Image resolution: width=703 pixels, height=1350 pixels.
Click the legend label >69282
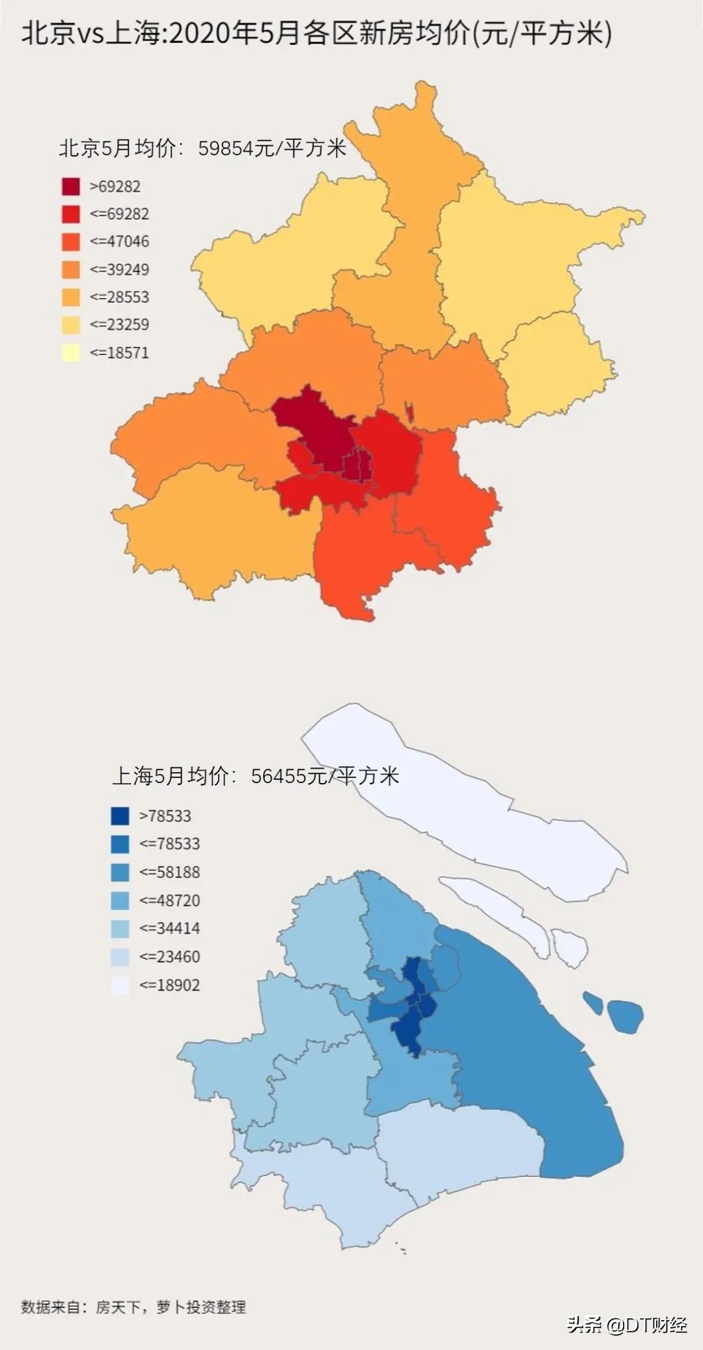click(x=115, y=187)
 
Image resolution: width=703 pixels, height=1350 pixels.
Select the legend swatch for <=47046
click(x=71, y=242)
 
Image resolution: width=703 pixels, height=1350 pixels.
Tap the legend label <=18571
click(x=119, y=353)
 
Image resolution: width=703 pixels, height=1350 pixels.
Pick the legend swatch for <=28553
click(x=71, y=297)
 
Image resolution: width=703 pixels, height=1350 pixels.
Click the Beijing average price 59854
click(x=225, y=148)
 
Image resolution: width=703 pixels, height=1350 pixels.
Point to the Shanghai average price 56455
click(x=278, y=776)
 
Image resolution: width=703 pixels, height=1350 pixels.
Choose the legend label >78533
click(x=165, y=816)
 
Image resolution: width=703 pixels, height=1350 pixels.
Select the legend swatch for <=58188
click(x=120, y=872)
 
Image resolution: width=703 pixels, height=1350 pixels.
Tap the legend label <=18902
click(x=169, y=985)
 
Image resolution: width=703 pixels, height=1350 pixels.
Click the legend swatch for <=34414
click(x=120, y=929)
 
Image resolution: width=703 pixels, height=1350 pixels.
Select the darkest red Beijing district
click(x=312, y=430)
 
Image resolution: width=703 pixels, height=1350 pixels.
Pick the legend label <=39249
click(x=119, y=269)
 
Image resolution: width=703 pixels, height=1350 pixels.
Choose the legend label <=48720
click(x=169, y=901)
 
